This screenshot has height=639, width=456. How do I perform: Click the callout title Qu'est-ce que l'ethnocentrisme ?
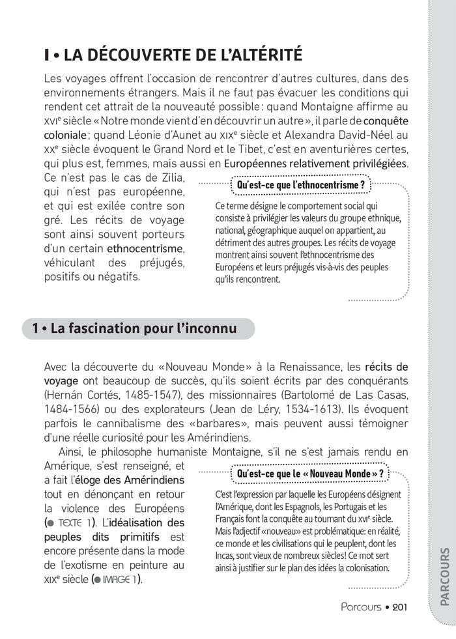(302, 185)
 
